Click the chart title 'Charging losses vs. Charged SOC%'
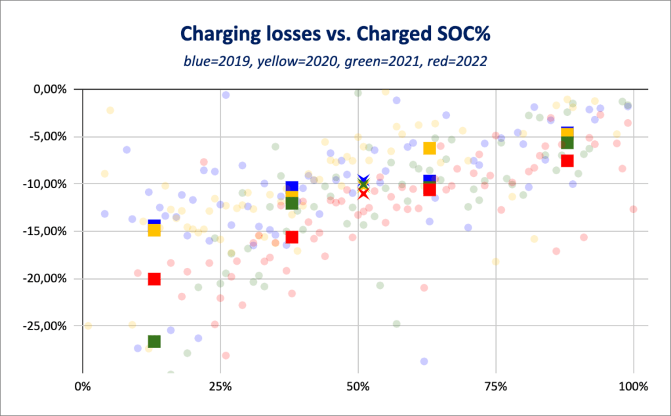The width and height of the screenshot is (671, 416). [335, 33]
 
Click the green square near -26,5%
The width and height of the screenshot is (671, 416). [154, 341]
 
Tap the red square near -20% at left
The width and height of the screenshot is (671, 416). [154, 279]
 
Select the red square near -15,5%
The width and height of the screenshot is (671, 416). [292, 237]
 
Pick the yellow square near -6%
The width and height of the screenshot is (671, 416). [430, 148]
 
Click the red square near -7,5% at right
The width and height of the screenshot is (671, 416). [567, 161]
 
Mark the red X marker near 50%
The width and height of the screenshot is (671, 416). [363, 193]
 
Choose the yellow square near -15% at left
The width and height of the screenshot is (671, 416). [154, 230]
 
